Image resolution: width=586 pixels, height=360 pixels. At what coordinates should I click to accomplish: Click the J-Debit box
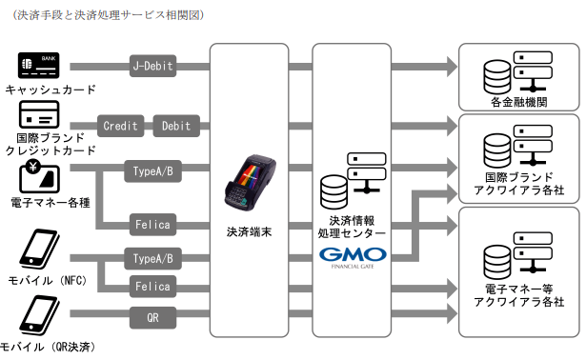[x=152, y=66]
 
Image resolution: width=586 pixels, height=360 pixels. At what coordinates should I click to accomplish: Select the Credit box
[x=120, y=126]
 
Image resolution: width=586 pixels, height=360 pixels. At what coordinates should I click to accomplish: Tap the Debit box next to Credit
[x=176, y=126]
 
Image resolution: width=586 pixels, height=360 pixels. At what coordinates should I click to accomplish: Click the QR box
[x=152, y=318]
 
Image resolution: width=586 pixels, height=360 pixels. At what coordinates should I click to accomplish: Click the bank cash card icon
[x=39, y=65]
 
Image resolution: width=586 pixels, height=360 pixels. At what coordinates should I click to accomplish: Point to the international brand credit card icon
[x=39, y=115]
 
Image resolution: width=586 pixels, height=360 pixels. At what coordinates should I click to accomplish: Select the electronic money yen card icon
[x=39, y=176]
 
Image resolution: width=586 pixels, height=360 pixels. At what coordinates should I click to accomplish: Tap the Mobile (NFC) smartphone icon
[x=39, y=248]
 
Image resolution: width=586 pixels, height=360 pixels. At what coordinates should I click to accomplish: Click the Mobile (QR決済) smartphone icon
[x=39, y=315]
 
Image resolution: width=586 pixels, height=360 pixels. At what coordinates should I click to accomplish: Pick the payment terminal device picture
[x=250, y=183]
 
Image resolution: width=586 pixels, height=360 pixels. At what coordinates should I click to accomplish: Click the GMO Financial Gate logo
[x=353, y=258]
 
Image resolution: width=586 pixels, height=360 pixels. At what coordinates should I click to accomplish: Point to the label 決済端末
[x=249, y=232]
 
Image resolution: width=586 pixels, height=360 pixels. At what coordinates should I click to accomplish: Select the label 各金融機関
[x=519, y=102]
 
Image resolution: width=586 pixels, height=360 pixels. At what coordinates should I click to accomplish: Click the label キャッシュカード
[x=51, y=90]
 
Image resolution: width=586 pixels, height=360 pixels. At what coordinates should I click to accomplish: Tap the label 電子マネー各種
[x=51, y=203]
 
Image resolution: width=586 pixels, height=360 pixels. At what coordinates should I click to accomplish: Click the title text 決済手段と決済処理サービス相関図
[x=109, y=15]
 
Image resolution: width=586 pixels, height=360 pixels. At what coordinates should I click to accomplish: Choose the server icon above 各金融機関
[x=518, y=72]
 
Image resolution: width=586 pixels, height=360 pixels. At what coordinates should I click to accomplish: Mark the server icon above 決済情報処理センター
[x=353, y=181]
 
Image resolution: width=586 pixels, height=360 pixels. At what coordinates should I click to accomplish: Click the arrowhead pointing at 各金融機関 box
[x=452, y=67]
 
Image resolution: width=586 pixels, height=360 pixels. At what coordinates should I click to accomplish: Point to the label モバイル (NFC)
[x=48, y=280]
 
